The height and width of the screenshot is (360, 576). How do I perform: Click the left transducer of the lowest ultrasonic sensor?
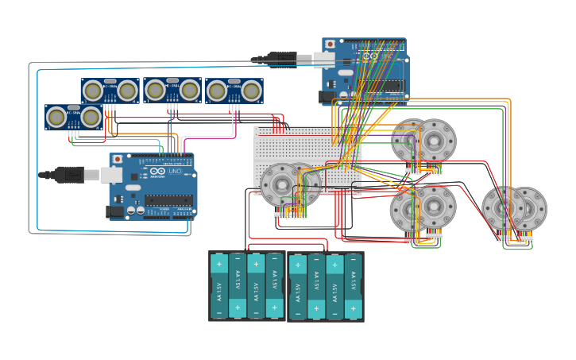(56, 118)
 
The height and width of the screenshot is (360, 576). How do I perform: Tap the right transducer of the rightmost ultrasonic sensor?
(251, 91)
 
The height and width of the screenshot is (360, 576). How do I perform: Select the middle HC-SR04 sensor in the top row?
(172, 91)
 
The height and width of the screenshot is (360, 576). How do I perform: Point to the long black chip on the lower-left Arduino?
(168, 200)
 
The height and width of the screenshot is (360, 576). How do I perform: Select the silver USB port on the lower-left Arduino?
(111, 175)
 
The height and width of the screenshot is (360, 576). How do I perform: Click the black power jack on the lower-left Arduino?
(116, 211)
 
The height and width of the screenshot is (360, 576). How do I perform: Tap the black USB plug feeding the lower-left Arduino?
(69, 174)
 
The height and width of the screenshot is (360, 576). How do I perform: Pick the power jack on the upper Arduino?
(327, 97)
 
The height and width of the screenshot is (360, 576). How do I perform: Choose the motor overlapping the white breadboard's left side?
(282, 184)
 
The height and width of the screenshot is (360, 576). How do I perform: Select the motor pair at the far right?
(514, 209)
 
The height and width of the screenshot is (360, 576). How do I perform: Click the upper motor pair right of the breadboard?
(423, 141)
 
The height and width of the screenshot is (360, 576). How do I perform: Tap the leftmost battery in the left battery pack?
(219, 286)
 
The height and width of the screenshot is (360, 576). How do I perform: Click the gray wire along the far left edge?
(30, 159)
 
